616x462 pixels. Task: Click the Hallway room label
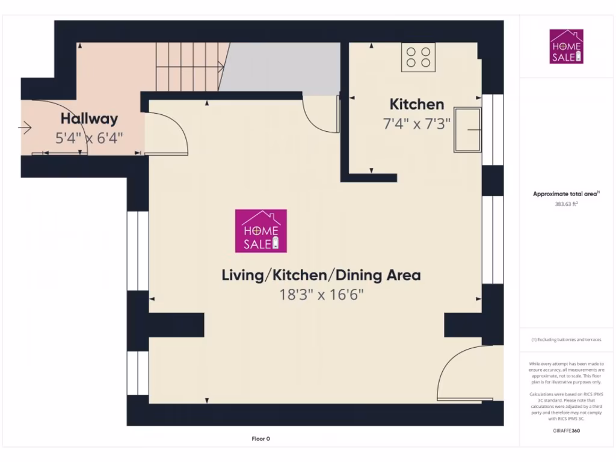pos(89,119)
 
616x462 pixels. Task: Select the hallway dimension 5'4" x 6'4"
pos(89,138)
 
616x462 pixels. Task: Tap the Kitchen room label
pos(416,104)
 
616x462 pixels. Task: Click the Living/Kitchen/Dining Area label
pos(321,276)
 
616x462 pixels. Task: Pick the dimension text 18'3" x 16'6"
pos(322,295)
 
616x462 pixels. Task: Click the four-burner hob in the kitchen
pos(418,57)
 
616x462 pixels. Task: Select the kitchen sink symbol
pos(468,129)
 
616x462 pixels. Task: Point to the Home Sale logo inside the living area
pos(260,230)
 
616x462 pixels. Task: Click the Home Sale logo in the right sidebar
pos(566,46)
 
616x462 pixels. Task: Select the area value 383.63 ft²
pos(566,204)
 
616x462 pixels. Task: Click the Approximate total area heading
pos(566,194)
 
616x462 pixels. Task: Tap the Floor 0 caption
pos(260,439)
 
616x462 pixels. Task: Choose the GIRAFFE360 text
pos(566,431)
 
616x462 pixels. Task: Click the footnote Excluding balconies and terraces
pos(566,340)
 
